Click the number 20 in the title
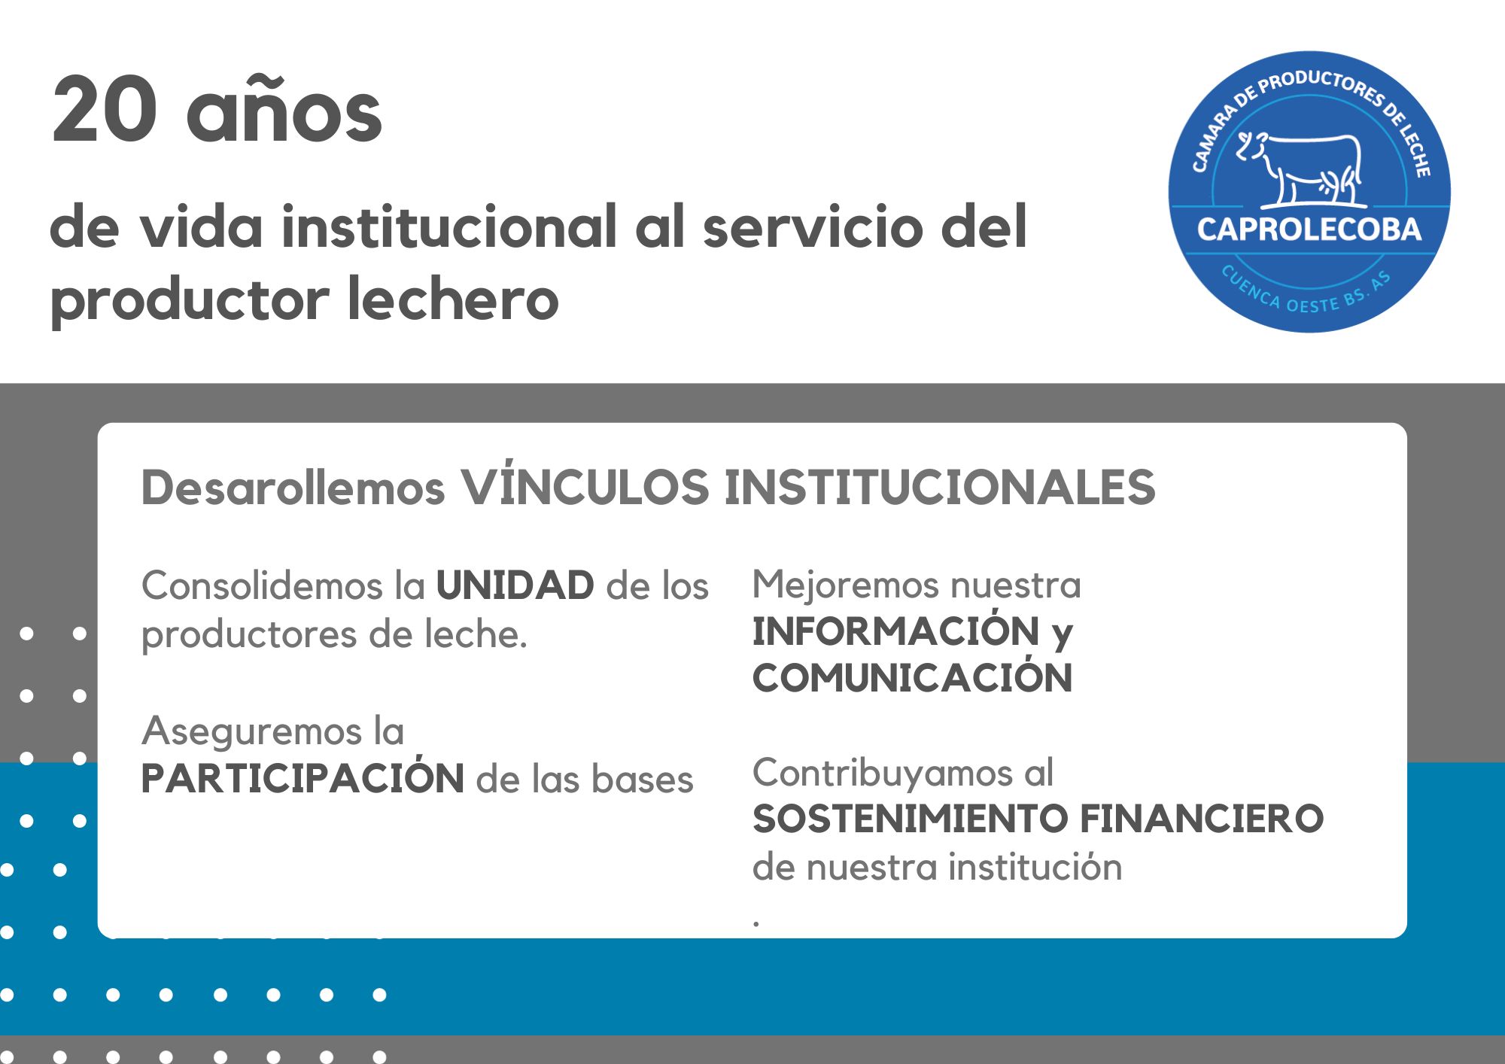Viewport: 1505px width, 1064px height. click(x=104, y=111)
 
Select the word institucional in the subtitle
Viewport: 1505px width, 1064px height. click(x=449, y=226)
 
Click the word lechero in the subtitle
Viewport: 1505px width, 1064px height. click(x=453, y=299)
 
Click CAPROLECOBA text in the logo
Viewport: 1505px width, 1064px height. click(x=1309, y=230)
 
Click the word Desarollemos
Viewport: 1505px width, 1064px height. click(x=293, y=488)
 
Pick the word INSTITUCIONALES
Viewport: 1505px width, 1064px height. click(x=940, y=488)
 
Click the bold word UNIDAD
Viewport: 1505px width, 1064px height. click(x=515, y=585)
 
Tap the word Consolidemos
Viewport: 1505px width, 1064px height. click(x=262, y=585)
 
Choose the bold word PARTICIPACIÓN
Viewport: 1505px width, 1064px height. click(x=303, y=778)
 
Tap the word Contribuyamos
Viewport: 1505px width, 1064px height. click(x=882, y=773)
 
